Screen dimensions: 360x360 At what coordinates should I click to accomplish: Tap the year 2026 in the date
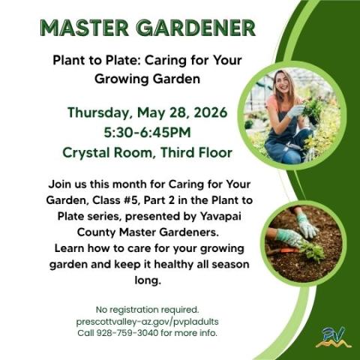(x=208, y=113)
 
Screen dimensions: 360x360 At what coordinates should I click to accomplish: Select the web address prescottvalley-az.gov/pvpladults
(x=147, y=321)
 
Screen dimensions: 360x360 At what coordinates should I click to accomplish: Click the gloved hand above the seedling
(x=307, y=224)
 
